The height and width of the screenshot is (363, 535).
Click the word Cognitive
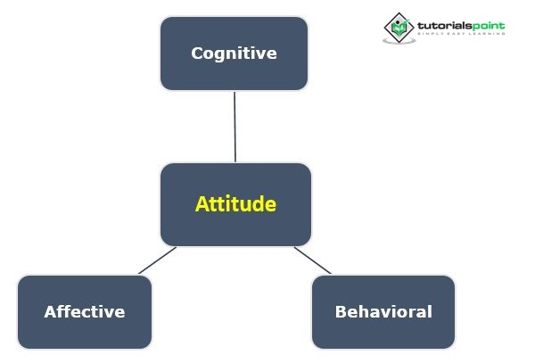coord(234,54)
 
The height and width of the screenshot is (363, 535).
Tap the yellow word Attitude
coord(235,204)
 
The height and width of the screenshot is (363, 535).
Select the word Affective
coord(85,312)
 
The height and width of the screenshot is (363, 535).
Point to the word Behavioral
coord(383,312)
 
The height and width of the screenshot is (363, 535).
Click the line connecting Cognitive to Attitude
coord(235,126)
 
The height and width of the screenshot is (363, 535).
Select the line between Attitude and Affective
coord(157,260)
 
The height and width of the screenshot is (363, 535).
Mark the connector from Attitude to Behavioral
coord(312,260)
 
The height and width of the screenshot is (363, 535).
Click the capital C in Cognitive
coord(197,54)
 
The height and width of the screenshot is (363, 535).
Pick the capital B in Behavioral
coord(341,312)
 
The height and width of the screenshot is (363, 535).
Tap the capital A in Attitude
coord(202,204)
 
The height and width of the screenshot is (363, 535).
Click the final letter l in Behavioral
coord(430,312)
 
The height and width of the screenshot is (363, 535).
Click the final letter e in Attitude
coord(271,205)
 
